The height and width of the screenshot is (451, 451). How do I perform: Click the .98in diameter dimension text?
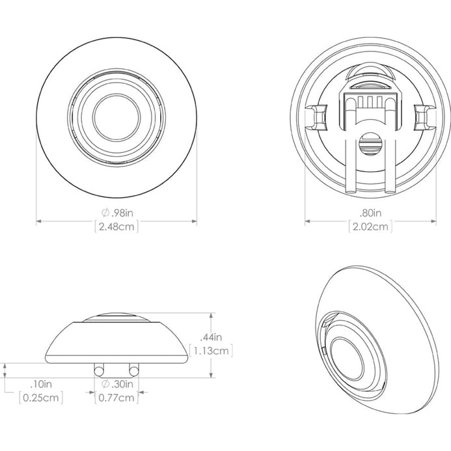[117, 213]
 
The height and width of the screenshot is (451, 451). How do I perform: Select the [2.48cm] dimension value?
[116, 226]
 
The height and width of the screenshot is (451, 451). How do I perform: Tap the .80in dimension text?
[370, 213]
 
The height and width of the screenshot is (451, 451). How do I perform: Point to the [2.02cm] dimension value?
[370, 226]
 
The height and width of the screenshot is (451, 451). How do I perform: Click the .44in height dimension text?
[211, 337]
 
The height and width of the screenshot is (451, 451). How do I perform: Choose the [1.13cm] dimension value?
[211, 351]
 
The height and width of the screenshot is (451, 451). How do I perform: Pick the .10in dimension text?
[41, 384]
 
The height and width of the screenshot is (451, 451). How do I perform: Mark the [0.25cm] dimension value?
[41, 398]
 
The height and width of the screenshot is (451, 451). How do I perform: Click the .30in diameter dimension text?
[117, 384]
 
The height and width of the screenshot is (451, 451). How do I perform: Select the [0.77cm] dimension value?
[116, 398]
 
